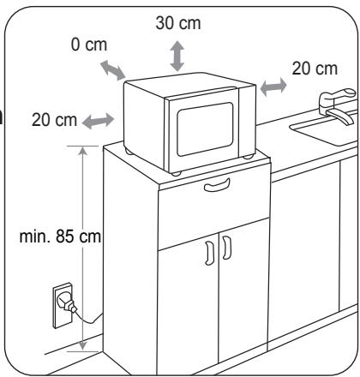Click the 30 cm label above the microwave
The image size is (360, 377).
(x=178, y=23)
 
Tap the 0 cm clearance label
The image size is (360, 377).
(x=89, y=45)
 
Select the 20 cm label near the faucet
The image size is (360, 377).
(x=315, y=69)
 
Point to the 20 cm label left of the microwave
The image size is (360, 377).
(x=54, y=120)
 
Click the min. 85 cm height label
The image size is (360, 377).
(x=60, y=236)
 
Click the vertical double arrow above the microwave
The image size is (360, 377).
(x=177, y=56)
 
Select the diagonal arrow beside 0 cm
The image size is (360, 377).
(x=113, y=70)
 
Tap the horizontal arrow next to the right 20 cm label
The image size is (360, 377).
(x=273, y=87)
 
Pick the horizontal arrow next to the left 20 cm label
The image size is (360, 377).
(x=98, y=121)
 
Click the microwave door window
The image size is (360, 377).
(x=205, y=129)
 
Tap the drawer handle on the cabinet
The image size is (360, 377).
(x=217, y=185)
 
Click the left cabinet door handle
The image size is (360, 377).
(x=209, y=253)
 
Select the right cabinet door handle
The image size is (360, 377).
(x=227, y=248)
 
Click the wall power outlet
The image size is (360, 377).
(x=63, y=305)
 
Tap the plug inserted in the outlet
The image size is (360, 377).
(x=68, y=304)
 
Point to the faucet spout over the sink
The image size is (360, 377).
(x=340, y=116)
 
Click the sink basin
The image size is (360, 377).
(x=324, y=131)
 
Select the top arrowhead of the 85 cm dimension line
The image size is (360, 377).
(x=83, y=150)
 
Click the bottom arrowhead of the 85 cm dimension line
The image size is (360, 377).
(x=83, y=345)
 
